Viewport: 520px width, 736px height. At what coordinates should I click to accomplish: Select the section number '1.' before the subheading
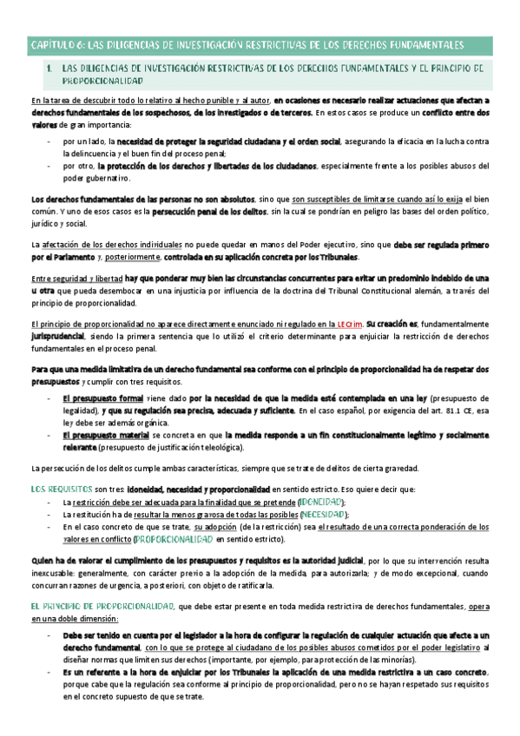pyautogui.click(x=51, y=67)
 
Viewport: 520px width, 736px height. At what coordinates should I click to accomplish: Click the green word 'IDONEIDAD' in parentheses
pyautogui.click(x=321, y=503)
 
